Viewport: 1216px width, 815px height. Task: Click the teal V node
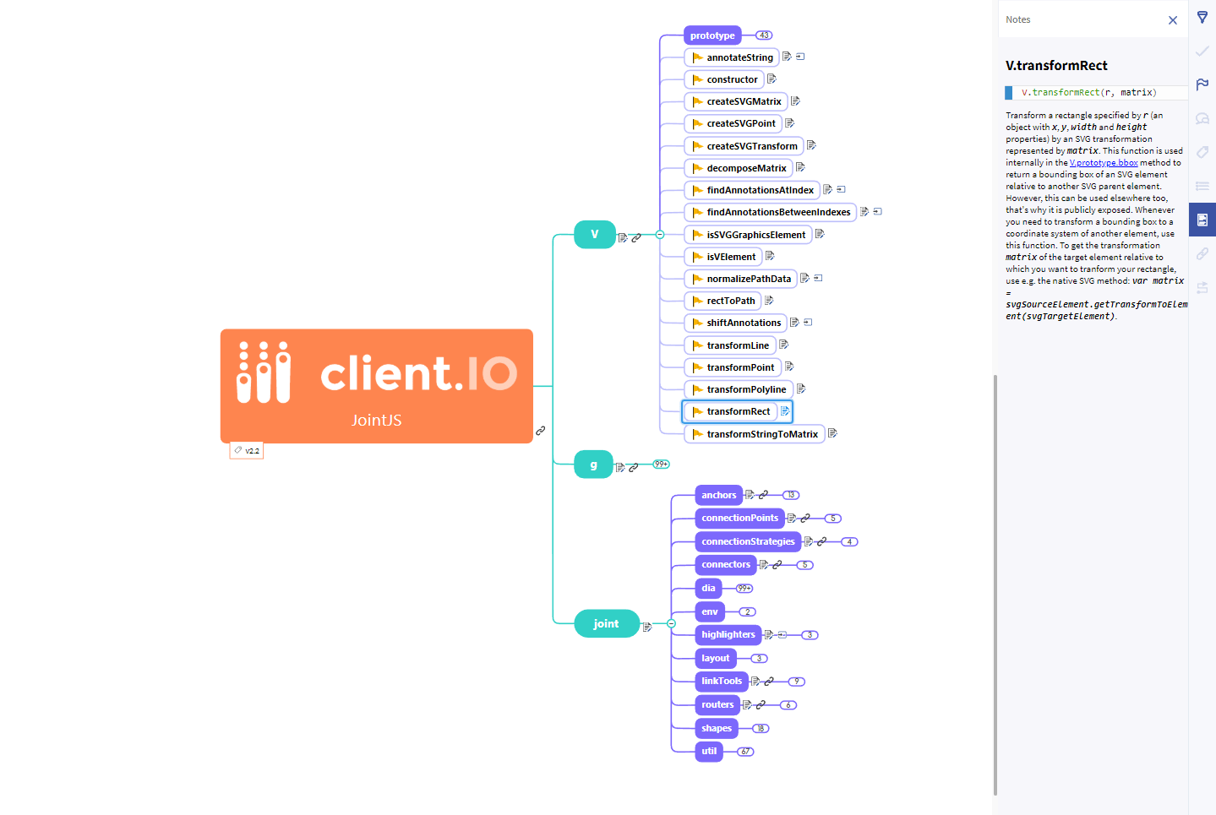click(594, 234)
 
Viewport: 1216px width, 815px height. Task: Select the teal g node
click(593, 465)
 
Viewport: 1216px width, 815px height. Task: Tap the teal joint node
click(606, 623)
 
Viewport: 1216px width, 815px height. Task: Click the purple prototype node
click(712, 35)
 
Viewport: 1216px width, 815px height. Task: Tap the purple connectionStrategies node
click(748, 541)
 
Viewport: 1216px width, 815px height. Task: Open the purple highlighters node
click(728, 634)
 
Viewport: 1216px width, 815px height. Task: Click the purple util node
click(709, 751)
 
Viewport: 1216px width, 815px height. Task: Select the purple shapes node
click(717, 728)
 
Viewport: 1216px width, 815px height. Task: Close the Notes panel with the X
click(1173, 20)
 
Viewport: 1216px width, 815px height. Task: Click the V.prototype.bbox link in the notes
click(1104, 163)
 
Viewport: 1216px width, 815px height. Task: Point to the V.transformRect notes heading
click(1056, 66)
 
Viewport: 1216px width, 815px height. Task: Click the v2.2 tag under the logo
click(247, 451)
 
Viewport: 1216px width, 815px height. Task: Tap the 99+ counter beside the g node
click(661, 464)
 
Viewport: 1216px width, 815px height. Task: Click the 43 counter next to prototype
click(764, 35)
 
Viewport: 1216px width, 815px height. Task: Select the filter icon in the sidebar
click(1202, 17)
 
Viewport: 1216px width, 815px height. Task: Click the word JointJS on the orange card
click(377, 420)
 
